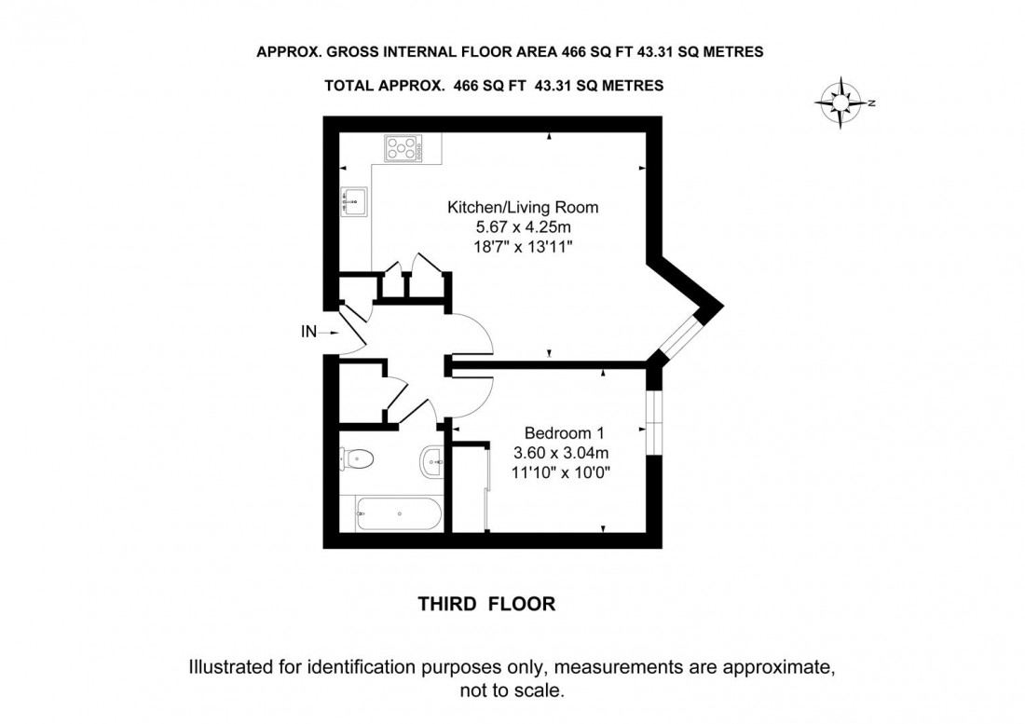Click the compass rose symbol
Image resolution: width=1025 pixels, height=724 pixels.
click(842, 103)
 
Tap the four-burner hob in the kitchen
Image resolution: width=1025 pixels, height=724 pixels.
click(403, 147)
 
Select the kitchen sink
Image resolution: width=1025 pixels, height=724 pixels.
click(354, 199)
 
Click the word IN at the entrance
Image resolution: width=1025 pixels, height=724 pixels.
click(308, 331)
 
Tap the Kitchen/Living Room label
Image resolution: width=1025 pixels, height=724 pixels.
click(523, 207)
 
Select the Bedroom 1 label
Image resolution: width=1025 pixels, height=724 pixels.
click(565, 433)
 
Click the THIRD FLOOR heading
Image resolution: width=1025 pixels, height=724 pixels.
click(485, 604)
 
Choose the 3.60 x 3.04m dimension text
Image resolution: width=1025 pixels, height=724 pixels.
click(565, 453)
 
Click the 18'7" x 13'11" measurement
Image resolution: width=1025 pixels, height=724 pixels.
click(523, 245)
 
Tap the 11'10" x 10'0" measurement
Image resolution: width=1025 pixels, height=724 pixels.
click(565, 472)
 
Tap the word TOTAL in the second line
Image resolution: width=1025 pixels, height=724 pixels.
click(348, 86)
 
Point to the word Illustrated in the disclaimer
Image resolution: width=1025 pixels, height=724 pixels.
click(236, 667)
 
